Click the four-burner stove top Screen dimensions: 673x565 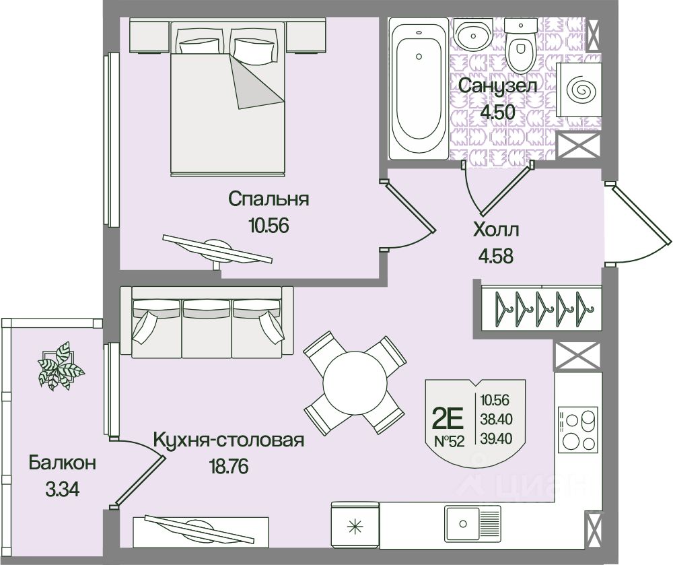[x=577, y=430]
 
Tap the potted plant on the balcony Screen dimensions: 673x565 [x=59, y=366]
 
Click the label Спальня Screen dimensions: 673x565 [x=268, y=199]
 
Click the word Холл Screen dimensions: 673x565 [x=497, y=230]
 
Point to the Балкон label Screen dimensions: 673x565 [x=62, y=463]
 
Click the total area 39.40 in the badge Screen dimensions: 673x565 [x=497, y=439]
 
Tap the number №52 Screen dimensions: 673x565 [x=448, y=443]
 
